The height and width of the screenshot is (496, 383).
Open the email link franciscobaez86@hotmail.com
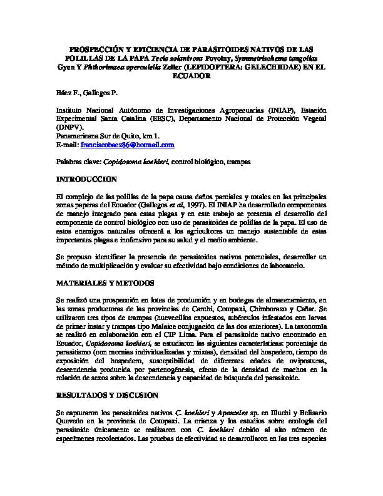pos(119,145)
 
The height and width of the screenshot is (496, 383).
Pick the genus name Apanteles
pos(233,413)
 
